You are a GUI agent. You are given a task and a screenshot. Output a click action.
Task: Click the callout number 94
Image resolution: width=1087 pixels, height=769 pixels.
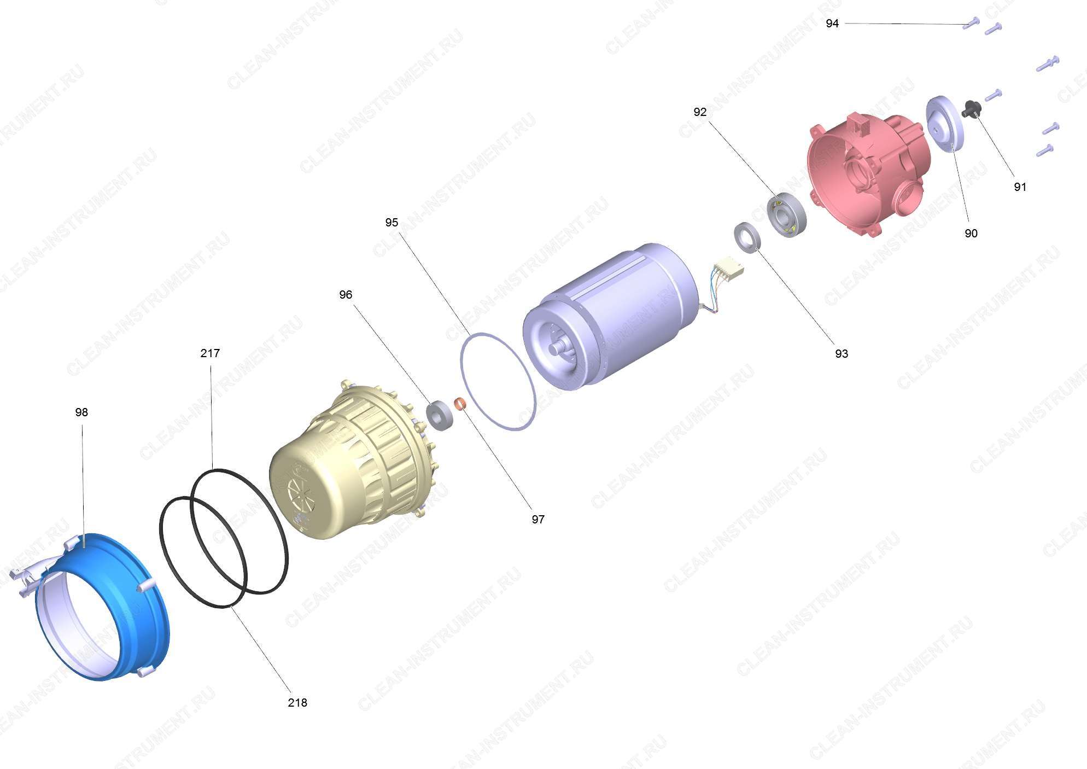click(832, 24)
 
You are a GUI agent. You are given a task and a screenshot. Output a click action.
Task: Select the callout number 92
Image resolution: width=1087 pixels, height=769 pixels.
click(700, 112)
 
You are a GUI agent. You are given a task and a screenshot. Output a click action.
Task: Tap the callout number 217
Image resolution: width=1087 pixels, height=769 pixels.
click(210, 353)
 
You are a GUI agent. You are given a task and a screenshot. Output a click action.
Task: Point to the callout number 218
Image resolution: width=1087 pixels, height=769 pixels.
click(297, 703)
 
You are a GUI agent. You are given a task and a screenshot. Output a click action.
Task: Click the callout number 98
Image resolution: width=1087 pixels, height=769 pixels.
click(81, 412)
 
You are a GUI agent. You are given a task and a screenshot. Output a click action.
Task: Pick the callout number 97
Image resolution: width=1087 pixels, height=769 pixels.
click(538, 520)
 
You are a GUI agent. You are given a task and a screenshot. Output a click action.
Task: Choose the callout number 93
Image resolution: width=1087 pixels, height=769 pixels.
click(841, 354)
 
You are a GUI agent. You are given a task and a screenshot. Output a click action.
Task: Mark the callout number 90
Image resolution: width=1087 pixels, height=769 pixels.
click(971, 234)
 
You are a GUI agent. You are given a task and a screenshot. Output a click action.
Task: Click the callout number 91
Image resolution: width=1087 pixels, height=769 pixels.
click(1020, 187)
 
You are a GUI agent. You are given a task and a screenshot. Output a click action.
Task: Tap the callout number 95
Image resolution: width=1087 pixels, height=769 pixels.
click(391, 223)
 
